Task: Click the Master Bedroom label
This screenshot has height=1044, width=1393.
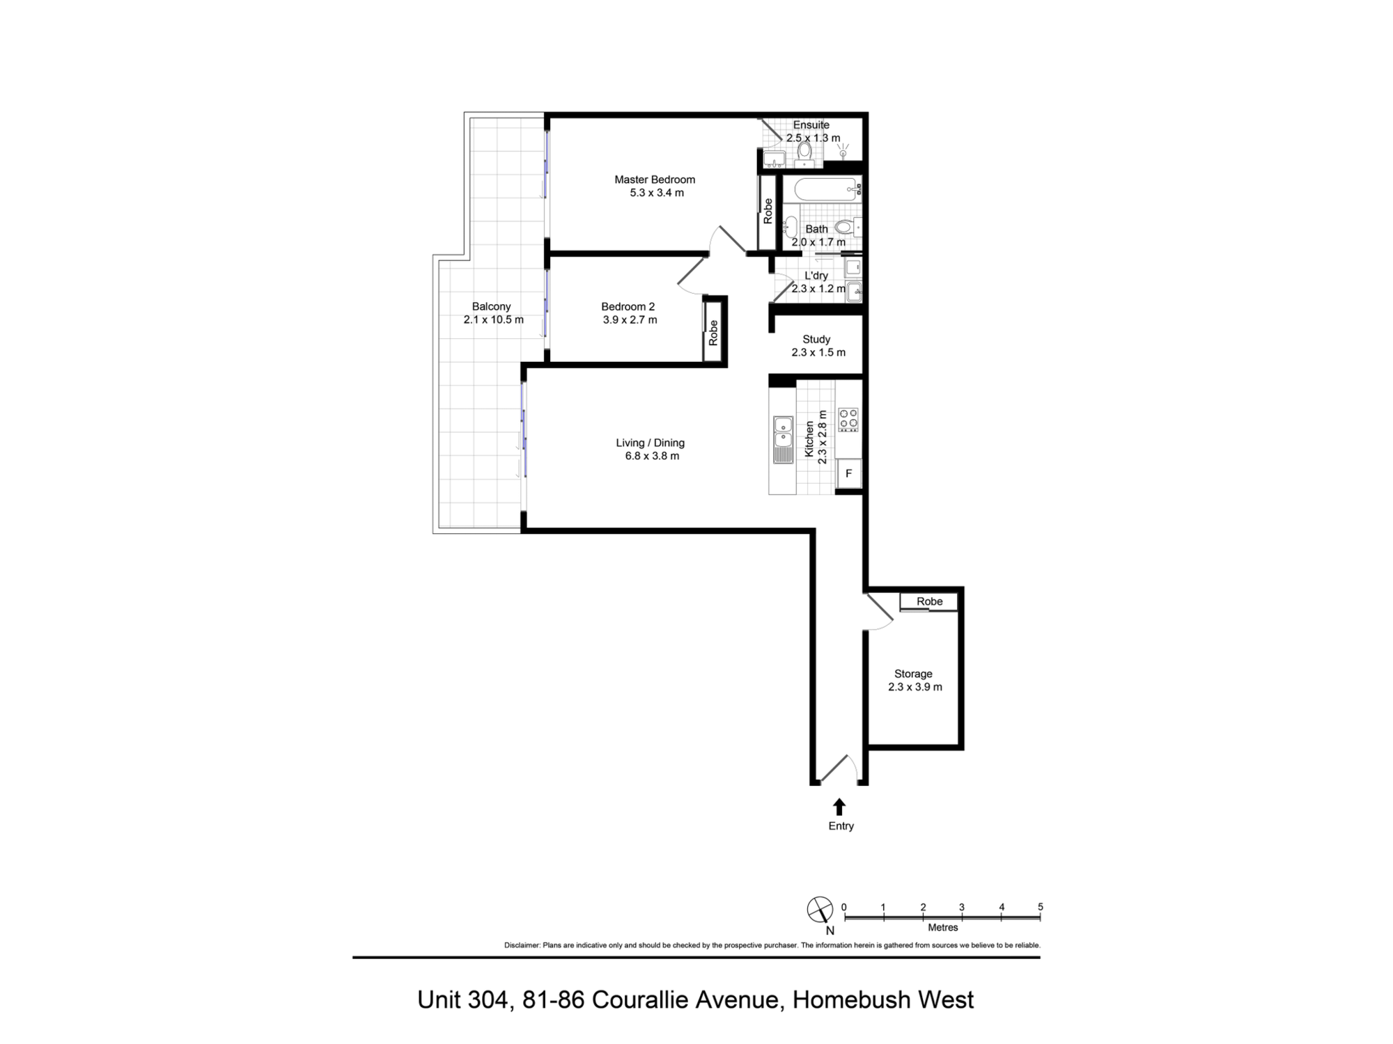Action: (654, 180)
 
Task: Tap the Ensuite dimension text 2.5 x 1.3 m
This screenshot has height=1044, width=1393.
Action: (813, 138)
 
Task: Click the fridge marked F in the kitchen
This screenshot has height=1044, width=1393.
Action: (848, 473)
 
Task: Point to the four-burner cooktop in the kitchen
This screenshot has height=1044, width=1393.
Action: (848, 419)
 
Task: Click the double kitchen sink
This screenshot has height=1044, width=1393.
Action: (783, 432)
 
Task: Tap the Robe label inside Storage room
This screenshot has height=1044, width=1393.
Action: (929, 601)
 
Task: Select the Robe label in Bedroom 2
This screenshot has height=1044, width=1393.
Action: (713, 333)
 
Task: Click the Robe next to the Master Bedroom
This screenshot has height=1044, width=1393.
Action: (768, 211)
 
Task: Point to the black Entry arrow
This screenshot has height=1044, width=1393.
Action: (839, 807)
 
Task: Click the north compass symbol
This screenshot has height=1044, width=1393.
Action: (820, 910)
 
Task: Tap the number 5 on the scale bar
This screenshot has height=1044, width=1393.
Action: (1040, 907)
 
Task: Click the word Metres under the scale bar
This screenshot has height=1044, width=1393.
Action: (942, 928)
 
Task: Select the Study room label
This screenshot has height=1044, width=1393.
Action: (816, 339)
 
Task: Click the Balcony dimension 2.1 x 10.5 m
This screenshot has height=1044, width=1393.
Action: (493, 319)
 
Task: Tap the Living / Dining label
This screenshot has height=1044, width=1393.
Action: (650, 443)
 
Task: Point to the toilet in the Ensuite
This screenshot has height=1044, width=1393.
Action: (804, 152)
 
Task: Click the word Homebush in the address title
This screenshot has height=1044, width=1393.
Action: (851, 999)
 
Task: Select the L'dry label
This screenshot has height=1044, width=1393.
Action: (816, 276)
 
